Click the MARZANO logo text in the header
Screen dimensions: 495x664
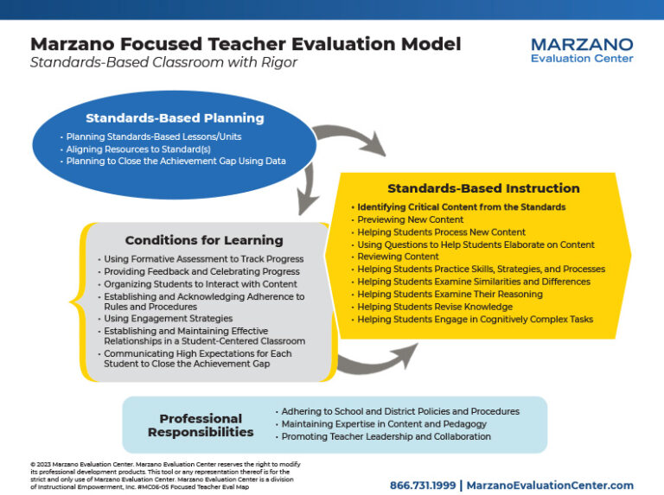(582, 44)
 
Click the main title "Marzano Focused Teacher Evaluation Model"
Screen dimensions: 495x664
(246, 44)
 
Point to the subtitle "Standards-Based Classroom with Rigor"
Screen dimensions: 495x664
(163, 62)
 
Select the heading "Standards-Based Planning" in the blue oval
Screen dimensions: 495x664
(175, 118)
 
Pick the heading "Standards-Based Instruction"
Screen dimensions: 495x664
(483, 188)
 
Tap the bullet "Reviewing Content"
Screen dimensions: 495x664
(398, 257)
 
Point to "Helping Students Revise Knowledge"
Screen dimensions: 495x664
(434, 307)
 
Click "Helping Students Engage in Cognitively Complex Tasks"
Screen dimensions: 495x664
(475, 320)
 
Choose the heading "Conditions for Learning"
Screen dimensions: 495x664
(203, 240)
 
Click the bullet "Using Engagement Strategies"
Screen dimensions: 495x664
(163, 319)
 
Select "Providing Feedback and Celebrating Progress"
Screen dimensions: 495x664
(201, 271)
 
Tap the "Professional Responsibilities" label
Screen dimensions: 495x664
(201, 425)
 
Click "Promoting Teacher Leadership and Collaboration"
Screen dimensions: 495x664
(386, 436)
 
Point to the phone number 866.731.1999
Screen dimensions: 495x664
(421, 485)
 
